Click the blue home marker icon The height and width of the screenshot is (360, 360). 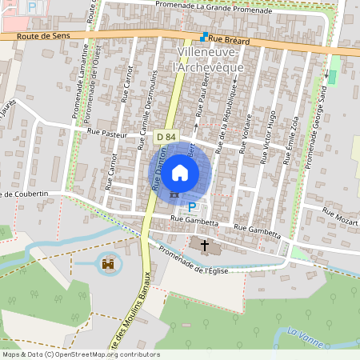(x=180, y=172)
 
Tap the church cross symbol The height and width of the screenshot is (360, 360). (x=204, y=245)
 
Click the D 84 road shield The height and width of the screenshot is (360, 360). (x=166, y=138)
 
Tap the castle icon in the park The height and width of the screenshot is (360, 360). (x=107, y=262)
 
